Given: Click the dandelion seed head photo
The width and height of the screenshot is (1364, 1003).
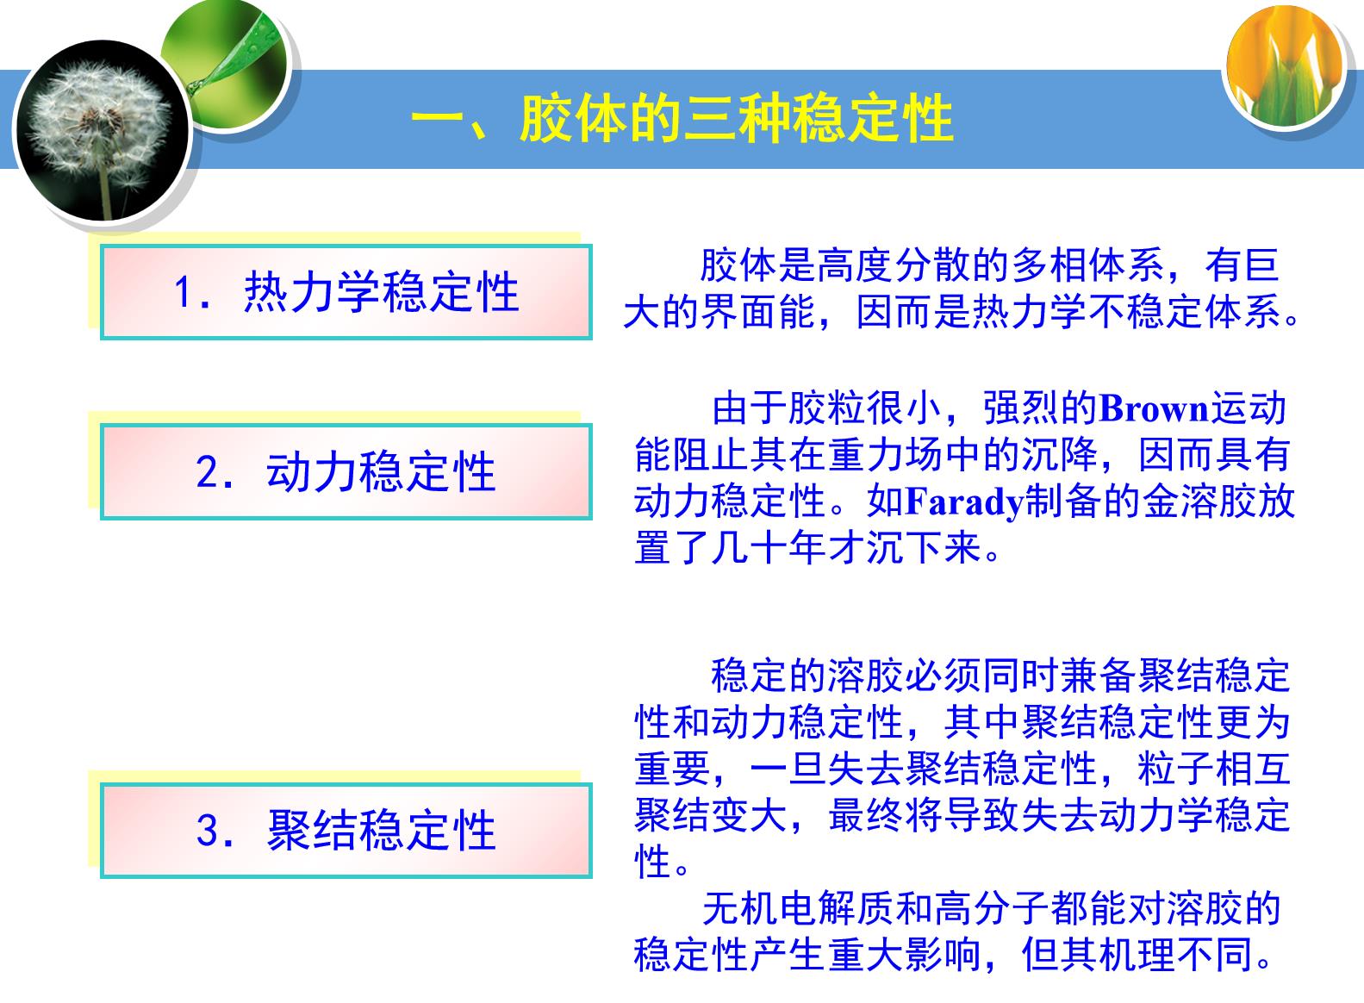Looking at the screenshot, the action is point(103,130).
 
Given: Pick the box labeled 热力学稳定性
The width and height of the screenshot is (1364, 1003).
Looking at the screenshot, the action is point(346,292).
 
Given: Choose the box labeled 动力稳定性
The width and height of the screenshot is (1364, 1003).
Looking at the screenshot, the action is point(346,472).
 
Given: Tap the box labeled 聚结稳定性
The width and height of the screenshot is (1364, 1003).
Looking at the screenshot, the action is point(346,830).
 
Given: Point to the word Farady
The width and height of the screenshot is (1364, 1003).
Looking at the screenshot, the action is point(964,502).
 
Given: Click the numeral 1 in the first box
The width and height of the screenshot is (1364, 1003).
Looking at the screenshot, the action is point(184,292).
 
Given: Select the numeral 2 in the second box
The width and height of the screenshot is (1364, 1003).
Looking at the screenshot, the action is point(208,472).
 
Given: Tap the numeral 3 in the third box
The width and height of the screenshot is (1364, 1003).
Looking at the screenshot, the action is point(208,830).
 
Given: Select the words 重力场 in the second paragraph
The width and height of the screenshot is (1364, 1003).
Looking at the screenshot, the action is point(886,455).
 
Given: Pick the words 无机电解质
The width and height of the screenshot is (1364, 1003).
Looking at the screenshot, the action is point(799,908).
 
